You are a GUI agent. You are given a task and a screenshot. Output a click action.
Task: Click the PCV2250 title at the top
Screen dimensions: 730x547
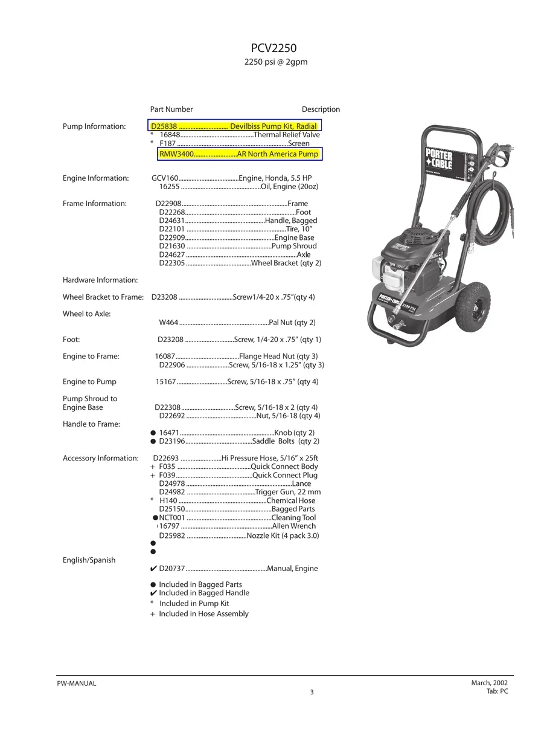pos(273,48)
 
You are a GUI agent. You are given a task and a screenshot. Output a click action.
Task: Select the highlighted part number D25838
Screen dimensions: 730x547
pos(164,126)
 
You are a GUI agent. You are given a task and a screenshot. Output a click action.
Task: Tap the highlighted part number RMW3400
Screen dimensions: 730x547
pos(176,155)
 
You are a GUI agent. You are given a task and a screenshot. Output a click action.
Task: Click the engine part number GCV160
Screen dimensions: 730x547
pos(165,178)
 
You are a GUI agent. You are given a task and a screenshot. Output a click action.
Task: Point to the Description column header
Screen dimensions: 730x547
pos(321,109)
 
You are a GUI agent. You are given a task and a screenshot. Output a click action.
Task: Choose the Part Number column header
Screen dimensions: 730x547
pos(171,109)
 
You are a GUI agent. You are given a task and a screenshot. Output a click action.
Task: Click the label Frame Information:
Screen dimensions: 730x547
pos(95,204)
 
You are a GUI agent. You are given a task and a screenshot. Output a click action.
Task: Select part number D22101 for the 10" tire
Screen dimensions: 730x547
pos(171,229)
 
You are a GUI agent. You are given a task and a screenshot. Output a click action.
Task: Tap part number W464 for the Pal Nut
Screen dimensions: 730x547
pos(168,323)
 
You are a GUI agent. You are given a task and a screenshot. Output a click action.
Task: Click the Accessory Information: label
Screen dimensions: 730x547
pos(101,458)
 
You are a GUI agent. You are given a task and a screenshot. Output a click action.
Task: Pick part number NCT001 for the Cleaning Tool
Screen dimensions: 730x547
pos(171,518)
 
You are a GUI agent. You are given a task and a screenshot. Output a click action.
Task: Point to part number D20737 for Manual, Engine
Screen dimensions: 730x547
pos(172,569)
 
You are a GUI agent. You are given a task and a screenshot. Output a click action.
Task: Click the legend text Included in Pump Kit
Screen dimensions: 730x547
pos(194,604)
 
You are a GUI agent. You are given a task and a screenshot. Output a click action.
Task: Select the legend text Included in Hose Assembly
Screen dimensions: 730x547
pos(203,614)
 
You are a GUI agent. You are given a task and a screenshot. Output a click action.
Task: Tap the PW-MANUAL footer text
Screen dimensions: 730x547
pos(77,683)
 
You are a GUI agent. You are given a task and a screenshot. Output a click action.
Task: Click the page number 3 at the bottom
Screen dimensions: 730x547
pos(312,693)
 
